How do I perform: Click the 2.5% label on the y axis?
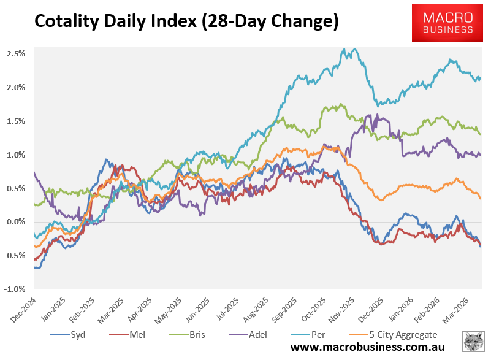pyautogui.click(x=16, y=54)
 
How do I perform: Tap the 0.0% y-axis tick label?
pyautogui.click(x=16, y=222)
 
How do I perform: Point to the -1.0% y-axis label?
pyautogui.click(x=15, y=289)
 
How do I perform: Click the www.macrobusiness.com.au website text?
pyautogui.click(x=371, y=348)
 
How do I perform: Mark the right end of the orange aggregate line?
pyautogui.click(x=480, y=198)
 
